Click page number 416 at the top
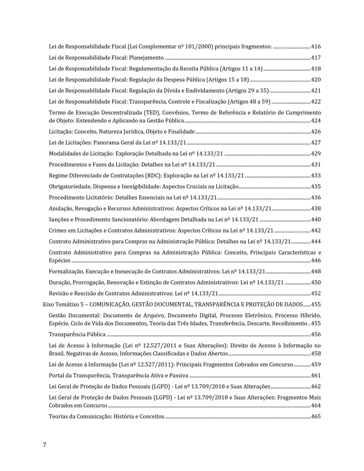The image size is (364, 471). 316,47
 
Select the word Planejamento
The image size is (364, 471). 146,58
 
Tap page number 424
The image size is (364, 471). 316,121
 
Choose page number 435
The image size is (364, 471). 316,187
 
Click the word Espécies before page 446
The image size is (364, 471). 60,261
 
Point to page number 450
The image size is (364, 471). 316,283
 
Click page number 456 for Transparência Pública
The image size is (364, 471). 316,334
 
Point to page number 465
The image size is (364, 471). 316,417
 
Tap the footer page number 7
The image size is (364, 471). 45,445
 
